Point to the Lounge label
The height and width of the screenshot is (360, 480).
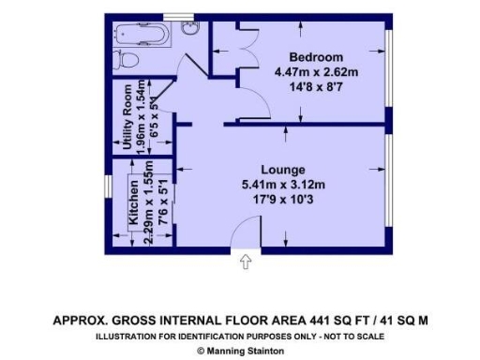pos(283,171)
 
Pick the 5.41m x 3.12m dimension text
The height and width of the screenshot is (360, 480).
pos(283,185)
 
